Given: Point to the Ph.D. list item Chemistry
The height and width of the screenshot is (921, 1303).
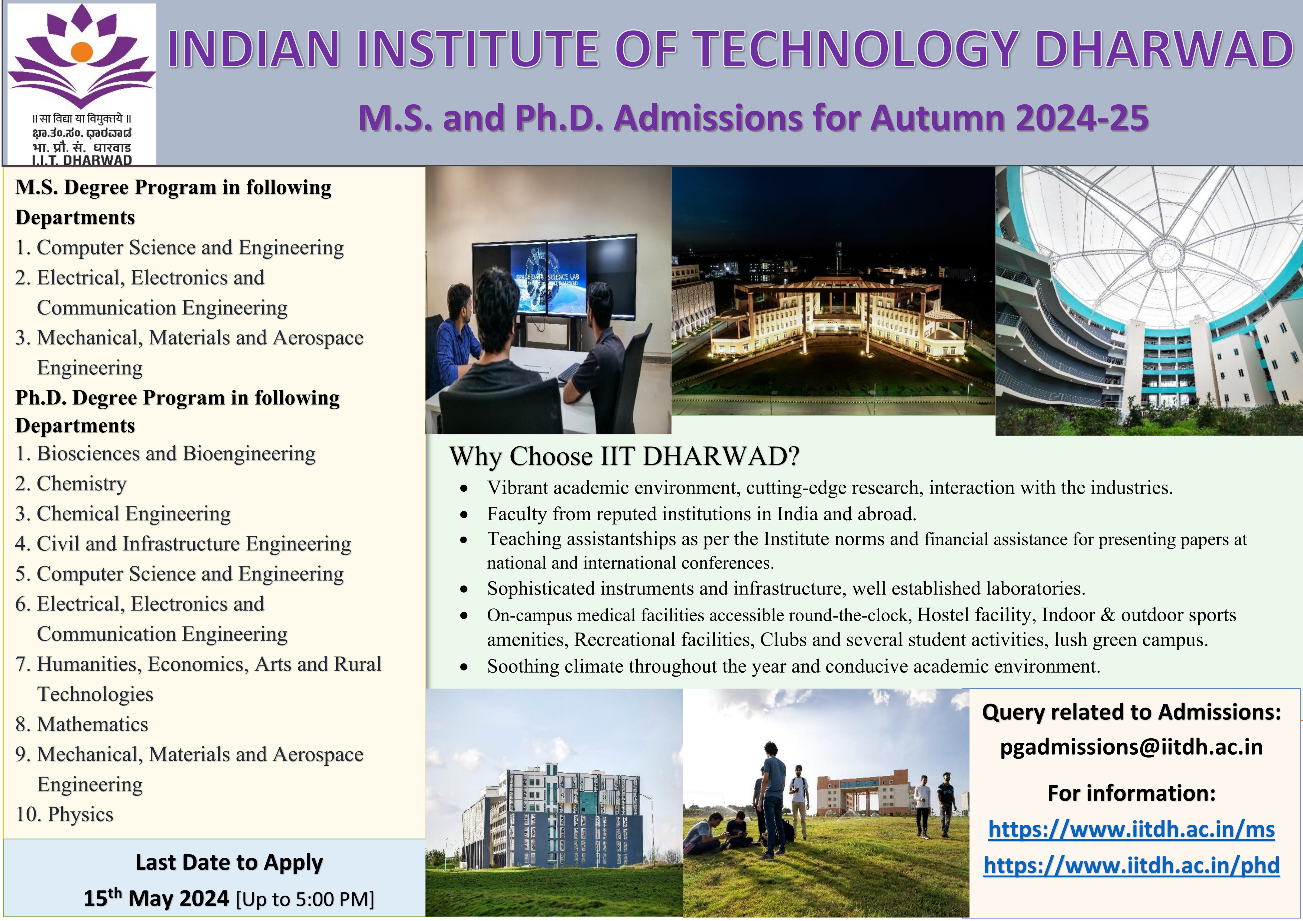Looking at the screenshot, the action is [x=71, y=484].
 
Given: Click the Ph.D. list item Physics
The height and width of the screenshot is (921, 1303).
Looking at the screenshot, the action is [x=65, y=814].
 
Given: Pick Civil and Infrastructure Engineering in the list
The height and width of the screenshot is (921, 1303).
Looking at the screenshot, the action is [x=183, y=544].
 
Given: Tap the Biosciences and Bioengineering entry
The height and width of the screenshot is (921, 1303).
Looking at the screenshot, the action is [x=165, y=453].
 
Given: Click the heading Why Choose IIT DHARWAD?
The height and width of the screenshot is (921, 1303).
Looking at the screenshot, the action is [x=624, y=456].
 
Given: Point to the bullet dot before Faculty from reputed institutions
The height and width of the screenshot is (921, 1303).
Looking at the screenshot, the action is [x=464, y=515].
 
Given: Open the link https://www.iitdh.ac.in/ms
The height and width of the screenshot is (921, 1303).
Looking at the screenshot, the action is [x=1132, y=830].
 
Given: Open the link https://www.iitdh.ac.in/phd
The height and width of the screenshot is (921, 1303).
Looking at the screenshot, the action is [x=1132, y=865].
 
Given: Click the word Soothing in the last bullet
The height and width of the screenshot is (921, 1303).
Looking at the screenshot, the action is [x=523, y=667].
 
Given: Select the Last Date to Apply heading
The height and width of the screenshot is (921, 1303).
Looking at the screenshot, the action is [x=229, y=863].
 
